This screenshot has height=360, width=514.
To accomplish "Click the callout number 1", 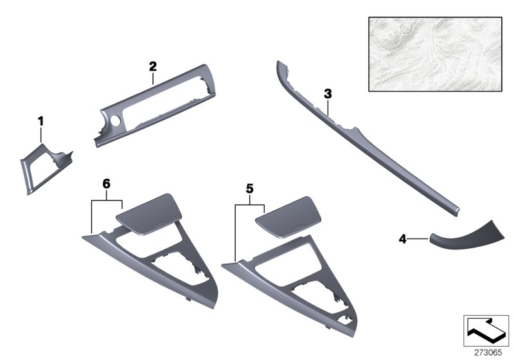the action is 40,122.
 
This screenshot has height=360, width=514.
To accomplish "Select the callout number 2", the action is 153,67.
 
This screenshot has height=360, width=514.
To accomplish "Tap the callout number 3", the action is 328,94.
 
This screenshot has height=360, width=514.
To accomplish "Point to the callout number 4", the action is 403,239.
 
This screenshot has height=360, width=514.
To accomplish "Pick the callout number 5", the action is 250,189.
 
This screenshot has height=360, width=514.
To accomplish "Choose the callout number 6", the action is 107,184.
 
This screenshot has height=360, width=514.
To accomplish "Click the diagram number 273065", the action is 488,353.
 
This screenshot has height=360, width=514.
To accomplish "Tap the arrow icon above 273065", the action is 486,331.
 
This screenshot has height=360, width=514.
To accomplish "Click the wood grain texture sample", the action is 436,54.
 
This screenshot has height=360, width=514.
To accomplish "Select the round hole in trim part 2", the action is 115,121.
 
